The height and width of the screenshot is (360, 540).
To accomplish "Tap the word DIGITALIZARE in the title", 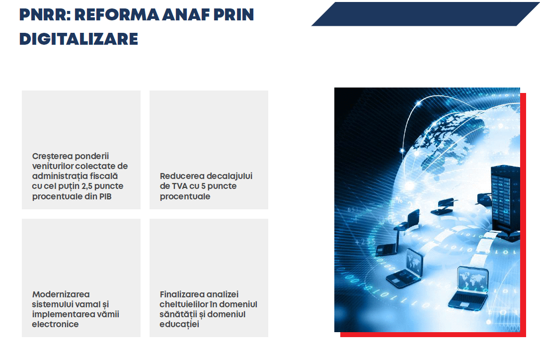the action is [x=78, y=39].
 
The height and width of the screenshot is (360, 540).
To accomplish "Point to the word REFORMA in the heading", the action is [x=117, y=14].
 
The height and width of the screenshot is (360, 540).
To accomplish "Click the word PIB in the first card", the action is [x=105, y=196].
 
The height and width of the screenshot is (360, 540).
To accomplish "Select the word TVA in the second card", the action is [x=179, y=186].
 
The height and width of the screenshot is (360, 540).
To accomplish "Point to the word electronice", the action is [x=55, y=324].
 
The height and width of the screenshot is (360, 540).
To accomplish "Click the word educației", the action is [x=179, y=324].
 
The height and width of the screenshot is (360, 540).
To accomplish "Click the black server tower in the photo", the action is [x=505, y=202].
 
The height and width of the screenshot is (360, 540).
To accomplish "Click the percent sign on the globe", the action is [x=399, y=200].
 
